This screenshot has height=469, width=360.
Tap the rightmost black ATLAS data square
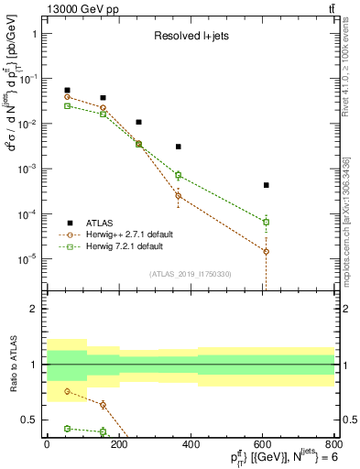[266, 185]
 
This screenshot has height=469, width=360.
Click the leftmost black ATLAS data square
[67, 90]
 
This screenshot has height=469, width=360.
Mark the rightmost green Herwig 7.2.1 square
[266, 222]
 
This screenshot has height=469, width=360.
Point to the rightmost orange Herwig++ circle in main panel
[266, 251]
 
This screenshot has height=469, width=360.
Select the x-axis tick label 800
[334, 443]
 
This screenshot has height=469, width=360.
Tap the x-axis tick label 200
[118, 443]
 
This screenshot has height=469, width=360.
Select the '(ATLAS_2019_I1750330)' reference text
[190, 273]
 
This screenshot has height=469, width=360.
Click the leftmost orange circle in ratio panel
[67, 391]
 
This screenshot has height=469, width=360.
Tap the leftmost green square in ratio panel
[67, 428]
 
